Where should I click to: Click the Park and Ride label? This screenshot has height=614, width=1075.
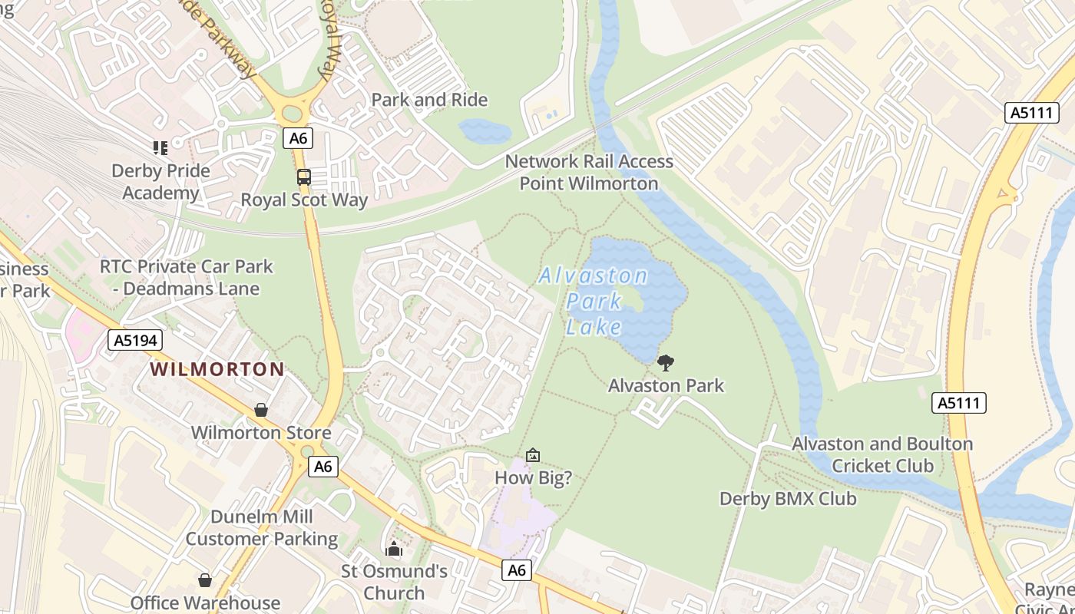(x=429, y=100)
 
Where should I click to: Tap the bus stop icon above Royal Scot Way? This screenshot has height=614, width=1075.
(x=304, y=177)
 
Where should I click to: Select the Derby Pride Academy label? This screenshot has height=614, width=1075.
(x=160, y=181)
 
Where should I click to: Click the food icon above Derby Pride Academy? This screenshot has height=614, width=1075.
(x=160, y=147)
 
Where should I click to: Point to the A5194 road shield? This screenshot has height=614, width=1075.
(x=135, y=340)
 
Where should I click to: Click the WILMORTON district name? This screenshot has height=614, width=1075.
(x=217, y=369)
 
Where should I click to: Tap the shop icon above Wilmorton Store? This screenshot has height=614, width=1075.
(x=261, y=410)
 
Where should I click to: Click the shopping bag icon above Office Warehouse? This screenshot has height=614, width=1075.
(x=205, y=580)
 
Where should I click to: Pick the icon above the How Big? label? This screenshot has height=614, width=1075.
(x=533, y=455)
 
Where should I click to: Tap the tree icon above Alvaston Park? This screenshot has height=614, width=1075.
(x=666, y=362)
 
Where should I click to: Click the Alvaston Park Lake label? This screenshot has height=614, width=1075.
(x=594, y=302)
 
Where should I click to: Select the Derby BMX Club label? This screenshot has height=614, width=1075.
(x=787, y=499)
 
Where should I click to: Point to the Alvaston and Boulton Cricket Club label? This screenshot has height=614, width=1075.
(x=882, y=454)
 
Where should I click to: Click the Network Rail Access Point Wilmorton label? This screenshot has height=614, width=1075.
(x=589, y=173)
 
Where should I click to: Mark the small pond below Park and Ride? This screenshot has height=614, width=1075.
(x=484, y=131)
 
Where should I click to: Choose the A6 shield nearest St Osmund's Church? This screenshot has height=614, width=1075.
(x=517, y=569)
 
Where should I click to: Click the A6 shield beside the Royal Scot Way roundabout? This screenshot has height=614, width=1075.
(x=297, y=138)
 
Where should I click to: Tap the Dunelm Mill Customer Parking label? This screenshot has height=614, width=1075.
(x=261, y=527)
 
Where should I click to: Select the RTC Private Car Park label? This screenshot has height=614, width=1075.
(x=187, y=278)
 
